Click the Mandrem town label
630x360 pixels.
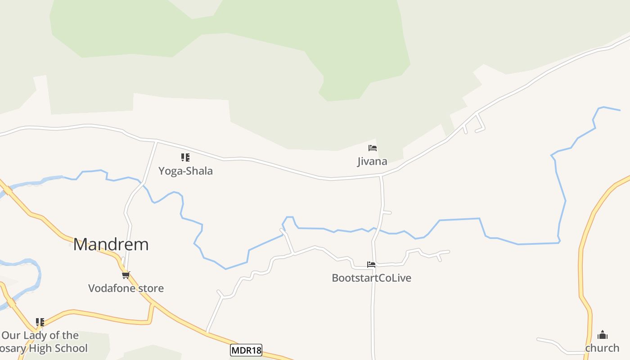click(111, 244)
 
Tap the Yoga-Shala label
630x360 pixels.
click(185, 171)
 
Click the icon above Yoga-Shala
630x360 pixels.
click(185, 157)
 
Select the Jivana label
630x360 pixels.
click(372, 162)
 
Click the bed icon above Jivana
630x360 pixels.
click(372, 148)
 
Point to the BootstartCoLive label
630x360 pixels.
click(371, 278)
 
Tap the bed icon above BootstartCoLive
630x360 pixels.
click(371, 265)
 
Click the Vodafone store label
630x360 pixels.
click(126, 288)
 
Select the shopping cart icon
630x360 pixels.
click(126, 274)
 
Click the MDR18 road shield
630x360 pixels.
click(246, 350)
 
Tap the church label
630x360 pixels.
click(602, 348)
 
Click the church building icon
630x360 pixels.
click(603, 335)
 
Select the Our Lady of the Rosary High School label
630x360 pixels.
click(40, 342)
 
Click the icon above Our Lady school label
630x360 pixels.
click(40, 322)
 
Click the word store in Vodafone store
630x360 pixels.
click(151, 288)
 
